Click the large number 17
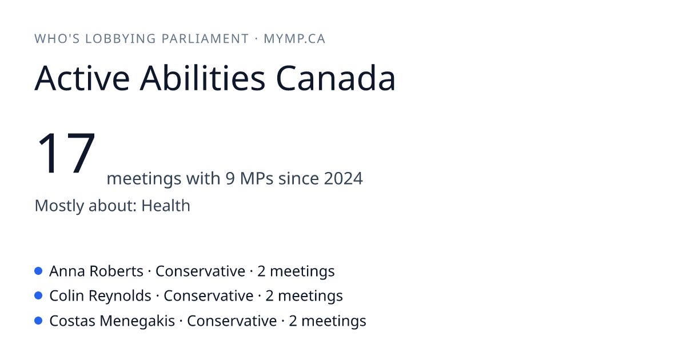(66, 153)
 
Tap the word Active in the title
(82, 78)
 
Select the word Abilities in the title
(202, 78)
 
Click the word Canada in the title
(336, 78)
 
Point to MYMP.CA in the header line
(294, 39)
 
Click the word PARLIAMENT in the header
(205, 39)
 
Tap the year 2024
(344, 178)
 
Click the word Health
(166, 205)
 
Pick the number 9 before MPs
(230, 178)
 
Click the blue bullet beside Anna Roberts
(38, 271)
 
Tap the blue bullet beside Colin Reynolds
(38, 296)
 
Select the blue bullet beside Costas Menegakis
(38, 321)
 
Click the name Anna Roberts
(96, 271)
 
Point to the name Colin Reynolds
(100, 296)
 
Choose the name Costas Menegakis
(112, 321)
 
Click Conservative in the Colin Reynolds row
(209, 296)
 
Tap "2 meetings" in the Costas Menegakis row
(328, 321)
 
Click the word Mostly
(59, 205)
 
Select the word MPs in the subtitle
(257, 178)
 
